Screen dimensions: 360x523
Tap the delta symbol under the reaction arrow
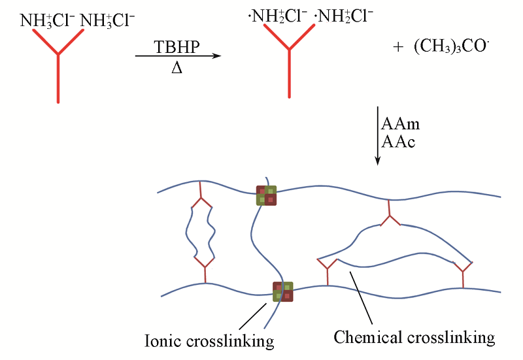pyautogui.click(x=177, y=67)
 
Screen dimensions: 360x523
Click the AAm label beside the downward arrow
pyautogui.click(x=402, y=123)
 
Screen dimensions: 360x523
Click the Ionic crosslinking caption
pyautogui.click(x=209, y=340)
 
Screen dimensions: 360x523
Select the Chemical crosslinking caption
pyautogui.click(x=414, y=338)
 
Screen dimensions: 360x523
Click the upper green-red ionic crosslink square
pyautogui.click(x=266, y=195)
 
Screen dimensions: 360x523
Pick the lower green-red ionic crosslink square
pyautogui.click(x=283, y=291)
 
